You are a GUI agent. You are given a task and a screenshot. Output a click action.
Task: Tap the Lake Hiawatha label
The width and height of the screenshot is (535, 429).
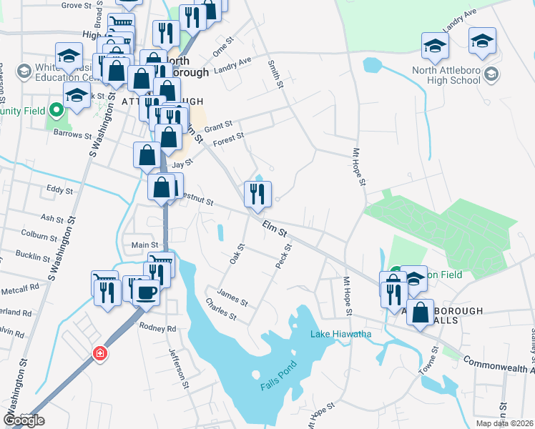(340, 335)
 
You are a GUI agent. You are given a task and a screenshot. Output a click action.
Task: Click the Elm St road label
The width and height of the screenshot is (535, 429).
(274, 230)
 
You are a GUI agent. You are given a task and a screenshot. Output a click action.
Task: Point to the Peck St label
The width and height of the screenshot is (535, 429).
(284, 256)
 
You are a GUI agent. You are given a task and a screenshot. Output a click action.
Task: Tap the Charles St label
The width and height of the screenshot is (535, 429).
(220, 311)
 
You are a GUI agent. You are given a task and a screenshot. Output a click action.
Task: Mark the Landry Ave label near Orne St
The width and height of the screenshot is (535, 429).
(233, 66)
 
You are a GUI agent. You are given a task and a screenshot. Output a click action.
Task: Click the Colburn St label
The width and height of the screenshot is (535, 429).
(39, 235)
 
